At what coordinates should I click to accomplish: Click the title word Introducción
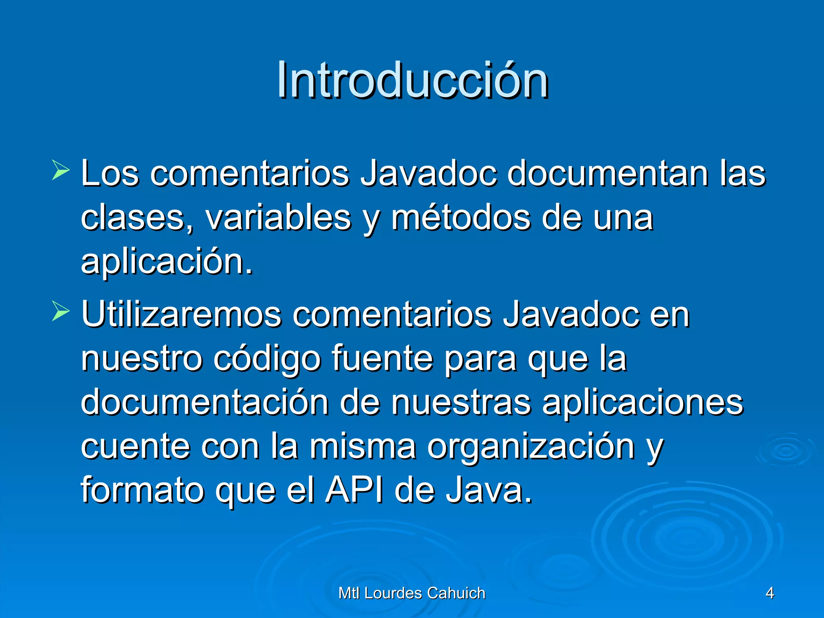[412, 80]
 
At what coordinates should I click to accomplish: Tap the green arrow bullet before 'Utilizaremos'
[60, 312]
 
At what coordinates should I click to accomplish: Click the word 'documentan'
[608, 174]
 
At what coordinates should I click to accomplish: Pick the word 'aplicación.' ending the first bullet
[167, 262]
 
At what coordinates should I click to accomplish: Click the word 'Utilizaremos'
[181, 315]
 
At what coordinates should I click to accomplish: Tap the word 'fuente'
[382, 359]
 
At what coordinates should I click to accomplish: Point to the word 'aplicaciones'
[643, 403]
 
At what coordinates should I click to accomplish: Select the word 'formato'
[142, 491]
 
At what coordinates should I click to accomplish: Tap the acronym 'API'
[354, 491]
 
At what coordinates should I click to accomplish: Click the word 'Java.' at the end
[488, 491]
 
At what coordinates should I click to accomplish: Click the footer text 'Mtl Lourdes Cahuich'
[412, 593]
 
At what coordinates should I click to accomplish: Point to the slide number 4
[770, 593]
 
